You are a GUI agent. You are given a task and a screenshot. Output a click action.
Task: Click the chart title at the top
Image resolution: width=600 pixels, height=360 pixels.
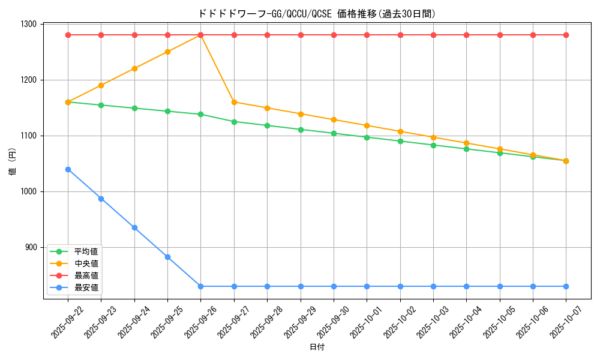coord(317,13)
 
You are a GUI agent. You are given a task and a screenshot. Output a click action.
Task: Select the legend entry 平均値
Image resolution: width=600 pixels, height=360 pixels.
coord(86,251)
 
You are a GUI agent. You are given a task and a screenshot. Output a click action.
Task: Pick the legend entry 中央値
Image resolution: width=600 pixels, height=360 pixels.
coord(86,263)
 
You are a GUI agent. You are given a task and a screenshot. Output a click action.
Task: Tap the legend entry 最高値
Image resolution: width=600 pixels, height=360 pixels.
coord(86,275)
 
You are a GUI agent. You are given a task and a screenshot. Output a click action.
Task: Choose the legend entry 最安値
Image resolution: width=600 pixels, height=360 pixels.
coord(86,287)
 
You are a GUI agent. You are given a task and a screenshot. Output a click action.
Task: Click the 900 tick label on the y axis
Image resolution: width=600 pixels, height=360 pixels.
coord(30,247)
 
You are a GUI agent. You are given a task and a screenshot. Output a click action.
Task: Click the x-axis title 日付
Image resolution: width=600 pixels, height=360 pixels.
coord(317,347)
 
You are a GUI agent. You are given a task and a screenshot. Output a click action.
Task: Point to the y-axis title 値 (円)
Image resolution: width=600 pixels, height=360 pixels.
coord(13,162)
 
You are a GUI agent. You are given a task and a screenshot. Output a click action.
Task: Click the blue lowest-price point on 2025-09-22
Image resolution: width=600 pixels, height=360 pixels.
coord(68,169)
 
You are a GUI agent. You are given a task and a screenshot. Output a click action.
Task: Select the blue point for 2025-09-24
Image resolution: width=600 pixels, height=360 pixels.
coord(134,227)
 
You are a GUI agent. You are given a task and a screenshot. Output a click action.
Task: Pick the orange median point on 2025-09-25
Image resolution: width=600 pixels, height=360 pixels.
coord(167,52)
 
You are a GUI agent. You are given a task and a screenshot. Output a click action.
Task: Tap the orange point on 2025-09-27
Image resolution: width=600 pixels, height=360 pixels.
coord(234,102)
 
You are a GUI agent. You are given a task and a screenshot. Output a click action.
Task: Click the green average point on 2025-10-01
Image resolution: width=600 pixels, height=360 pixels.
coord(367,137)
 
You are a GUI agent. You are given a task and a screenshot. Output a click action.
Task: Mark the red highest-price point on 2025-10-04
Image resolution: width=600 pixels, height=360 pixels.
coord(467,35)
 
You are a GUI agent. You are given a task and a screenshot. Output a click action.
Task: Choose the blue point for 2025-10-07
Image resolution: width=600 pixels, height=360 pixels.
coord(566,286)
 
